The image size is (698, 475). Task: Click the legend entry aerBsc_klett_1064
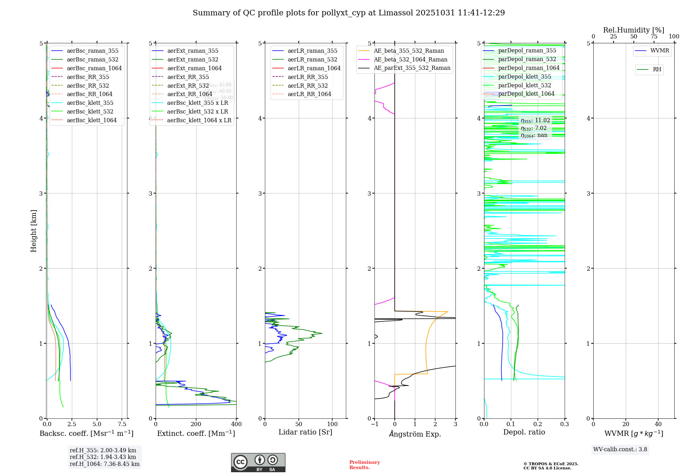pos(91,120)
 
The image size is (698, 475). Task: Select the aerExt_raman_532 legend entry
pos(193,59)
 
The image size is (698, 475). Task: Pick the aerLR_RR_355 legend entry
pos(307,77)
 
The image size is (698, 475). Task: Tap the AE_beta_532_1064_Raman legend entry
pos(410,59)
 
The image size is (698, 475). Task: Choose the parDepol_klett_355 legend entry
pos(525,76)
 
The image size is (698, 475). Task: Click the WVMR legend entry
pos(660,51)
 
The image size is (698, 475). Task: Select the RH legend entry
pos(657,70)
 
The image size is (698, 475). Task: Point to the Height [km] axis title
pos(34,231)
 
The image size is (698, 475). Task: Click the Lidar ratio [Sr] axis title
pos(305,432)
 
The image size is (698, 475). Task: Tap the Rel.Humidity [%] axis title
pos(633,30)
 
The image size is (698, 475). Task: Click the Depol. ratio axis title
pos(524,432)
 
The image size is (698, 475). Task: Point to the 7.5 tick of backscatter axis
pos(122,424)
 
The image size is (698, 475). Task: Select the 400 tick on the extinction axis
pos(237,424)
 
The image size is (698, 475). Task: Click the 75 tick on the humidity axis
pos(654,37)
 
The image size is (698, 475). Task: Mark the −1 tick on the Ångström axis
pos(374,424)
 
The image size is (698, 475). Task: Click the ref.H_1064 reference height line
pos(104,464)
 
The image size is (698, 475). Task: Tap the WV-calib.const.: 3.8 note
pos(620,449)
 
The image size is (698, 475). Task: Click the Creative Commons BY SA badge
pos(258,462)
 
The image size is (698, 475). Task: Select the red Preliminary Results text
pos(364,465)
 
